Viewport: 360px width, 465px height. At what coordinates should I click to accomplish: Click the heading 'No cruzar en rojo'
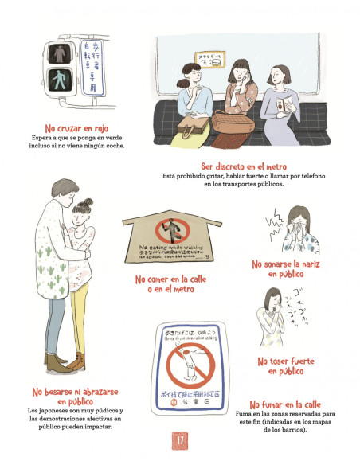(x=77, y=128)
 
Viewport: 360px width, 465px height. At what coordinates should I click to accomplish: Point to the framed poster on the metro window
(x=211, y=59)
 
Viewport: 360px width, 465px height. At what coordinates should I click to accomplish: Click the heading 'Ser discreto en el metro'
(x=244, y=166)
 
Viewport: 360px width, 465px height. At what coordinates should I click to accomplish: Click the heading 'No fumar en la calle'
(x=287, y=404)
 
